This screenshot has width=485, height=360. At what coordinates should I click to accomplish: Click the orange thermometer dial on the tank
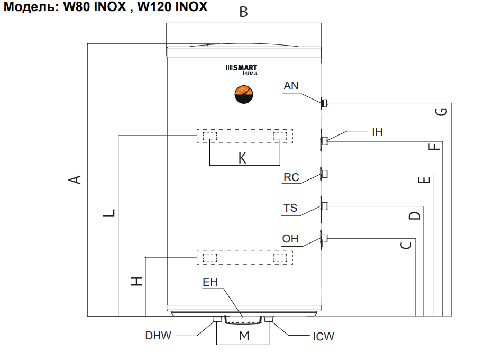click(x=244, y=96)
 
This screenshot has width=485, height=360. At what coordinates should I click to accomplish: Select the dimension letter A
click(x=76, y=179)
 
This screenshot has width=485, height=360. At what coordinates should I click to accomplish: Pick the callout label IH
click(x=377, y=132)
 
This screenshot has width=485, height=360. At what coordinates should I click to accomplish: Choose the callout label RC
click(x=291, y=177)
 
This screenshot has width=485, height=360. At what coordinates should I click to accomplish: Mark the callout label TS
click(x=290, y=208)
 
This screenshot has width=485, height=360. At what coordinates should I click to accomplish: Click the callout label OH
click(x=290, y=239)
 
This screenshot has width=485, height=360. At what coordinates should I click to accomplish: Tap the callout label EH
click(x=211, y=283)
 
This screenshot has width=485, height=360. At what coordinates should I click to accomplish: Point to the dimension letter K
click(x=243, y=158)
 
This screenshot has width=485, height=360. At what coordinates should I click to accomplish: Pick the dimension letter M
click(x=244, y=335)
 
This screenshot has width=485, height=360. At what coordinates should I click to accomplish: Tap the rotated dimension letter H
click(x=138, y=281)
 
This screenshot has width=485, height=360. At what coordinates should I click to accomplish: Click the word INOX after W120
click(x=188, y=7)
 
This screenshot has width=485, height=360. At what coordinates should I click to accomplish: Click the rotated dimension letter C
click(x=406, y=245)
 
